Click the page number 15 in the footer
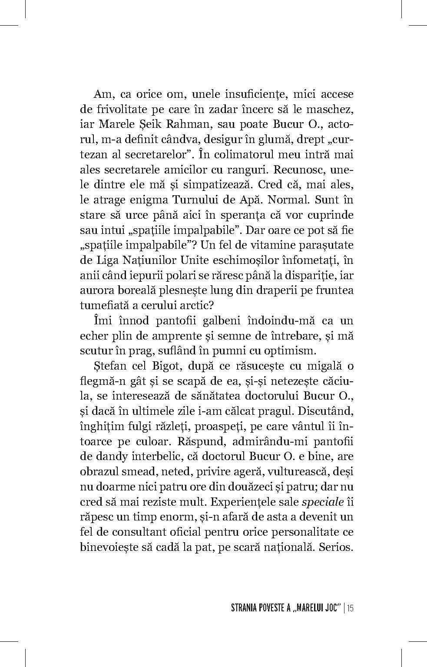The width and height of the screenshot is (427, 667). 350,608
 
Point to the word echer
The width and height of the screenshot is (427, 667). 93,336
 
